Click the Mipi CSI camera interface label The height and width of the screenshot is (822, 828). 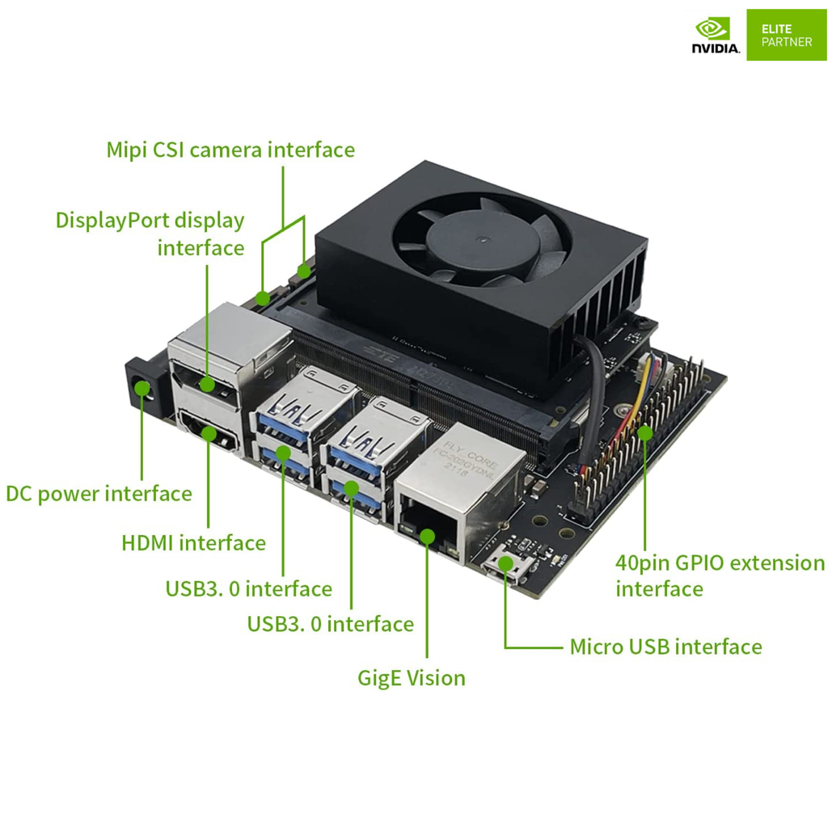click(230, 150)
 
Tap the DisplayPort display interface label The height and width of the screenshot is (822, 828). click(150, 234)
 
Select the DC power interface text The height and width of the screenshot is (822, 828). click(99, 494)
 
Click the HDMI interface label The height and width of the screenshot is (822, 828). click(193, 543)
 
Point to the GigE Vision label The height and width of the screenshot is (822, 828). click(412, 677)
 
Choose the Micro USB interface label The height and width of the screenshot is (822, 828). click(665, 647)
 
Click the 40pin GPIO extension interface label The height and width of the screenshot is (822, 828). click(720, 575)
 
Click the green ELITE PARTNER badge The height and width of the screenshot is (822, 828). click(786, 35)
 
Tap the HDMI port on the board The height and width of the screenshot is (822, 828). click(209, 434)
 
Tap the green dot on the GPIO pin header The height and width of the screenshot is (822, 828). click(644, 432)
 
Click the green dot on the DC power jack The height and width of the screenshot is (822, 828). click(143, 388)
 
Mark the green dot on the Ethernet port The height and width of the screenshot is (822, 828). click(427, 533)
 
